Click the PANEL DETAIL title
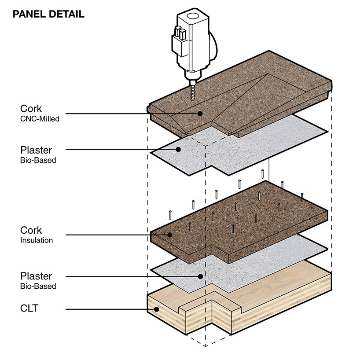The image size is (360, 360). (48, 14)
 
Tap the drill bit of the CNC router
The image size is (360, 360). (193, 92)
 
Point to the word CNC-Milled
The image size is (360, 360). (40, 119)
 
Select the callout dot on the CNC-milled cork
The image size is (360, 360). (200, 114)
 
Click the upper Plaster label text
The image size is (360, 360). (36, 150)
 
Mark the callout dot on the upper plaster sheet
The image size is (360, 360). (178, 150)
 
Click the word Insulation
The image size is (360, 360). (37, 240)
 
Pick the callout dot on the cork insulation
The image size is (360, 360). (170, 235)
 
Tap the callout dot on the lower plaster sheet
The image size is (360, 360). (200, 277)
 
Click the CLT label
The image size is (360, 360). (29, 309)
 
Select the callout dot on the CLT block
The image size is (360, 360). (157, 309)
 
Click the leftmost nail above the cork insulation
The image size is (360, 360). (170, 215)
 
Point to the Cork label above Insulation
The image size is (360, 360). (31, 230)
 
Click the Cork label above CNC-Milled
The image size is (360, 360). (31, 109)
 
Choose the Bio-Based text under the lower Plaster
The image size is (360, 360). (38, 287)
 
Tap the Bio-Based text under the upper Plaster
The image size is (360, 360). (38, 160)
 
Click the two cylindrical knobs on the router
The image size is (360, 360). (180, 33)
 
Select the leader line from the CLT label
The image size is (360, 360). (110, 309)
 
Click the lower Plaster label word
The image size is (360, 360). (36, 276)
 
